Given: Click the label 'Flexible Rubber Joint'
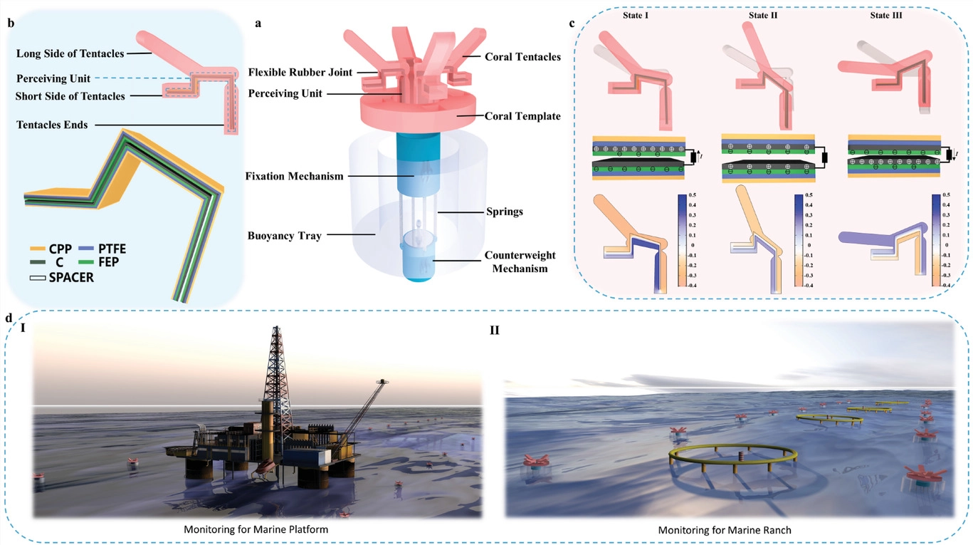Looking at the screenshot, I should tap(295, 71).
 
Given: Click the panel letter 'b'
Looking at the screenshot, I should tap(10, 23).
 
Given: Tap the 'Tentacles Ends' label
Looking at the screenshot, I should tap(53, 125).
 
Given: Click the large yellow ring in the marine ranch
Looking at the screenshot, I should tap(733, 456).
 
